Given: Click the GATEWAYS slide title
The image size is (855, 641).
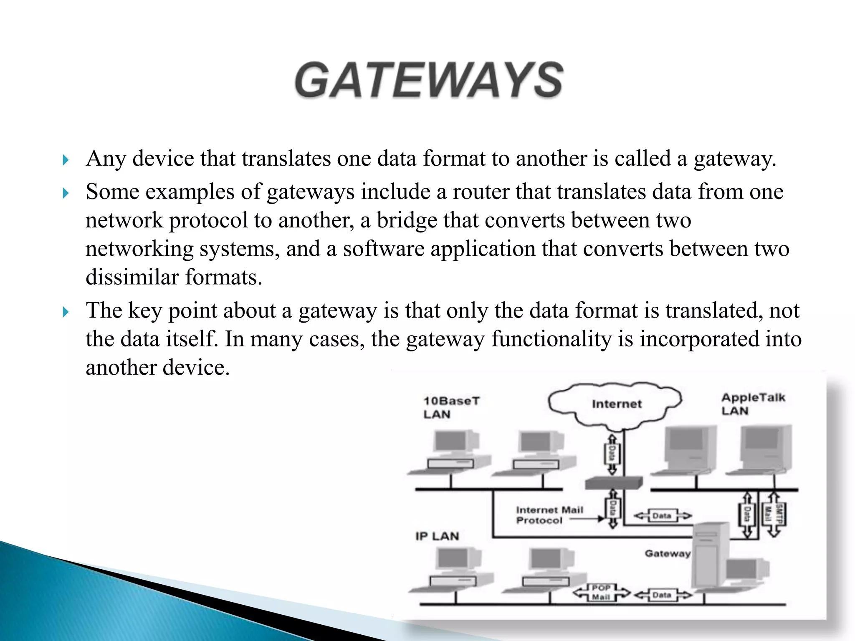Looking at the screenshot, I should click(x=429, y=80).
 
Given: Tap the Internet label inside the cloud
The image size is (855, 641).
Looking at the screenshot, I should click(x=616, y=404).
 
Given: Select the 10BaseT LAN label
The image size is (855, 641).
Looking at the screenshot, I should click(x=451, y=407).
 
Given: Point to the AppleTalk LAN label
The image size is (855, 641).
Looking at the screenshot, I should click(x=753, y=404).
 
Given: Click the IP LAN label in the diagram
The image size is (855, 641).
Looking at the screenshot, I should click(x=437, y=536).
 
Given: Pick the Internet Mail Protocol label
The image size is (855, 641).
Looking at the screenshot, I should click(x=549, y=515).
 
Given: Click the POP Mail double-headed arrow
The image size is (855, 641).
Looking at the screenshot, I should click(x=601, y=593).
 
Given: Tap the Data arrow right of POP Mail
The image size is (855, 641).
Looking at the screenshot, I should click(x=662, y=595).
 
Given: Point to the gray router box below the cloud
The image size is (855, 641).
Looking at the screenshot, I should click(x=613, y=483).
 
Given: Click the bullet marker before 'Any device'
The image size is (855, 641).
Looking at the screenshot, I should click(x=65, y=160).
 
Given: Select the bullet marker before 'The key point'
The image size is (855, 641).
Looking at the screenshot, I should click(x=65, y=312).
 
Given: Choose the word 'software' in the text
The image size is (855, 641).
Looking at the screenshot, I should click(x=383, y=249).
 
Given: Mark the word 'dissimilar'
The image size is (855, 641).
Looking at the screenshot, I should click(x=132, y=277).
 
